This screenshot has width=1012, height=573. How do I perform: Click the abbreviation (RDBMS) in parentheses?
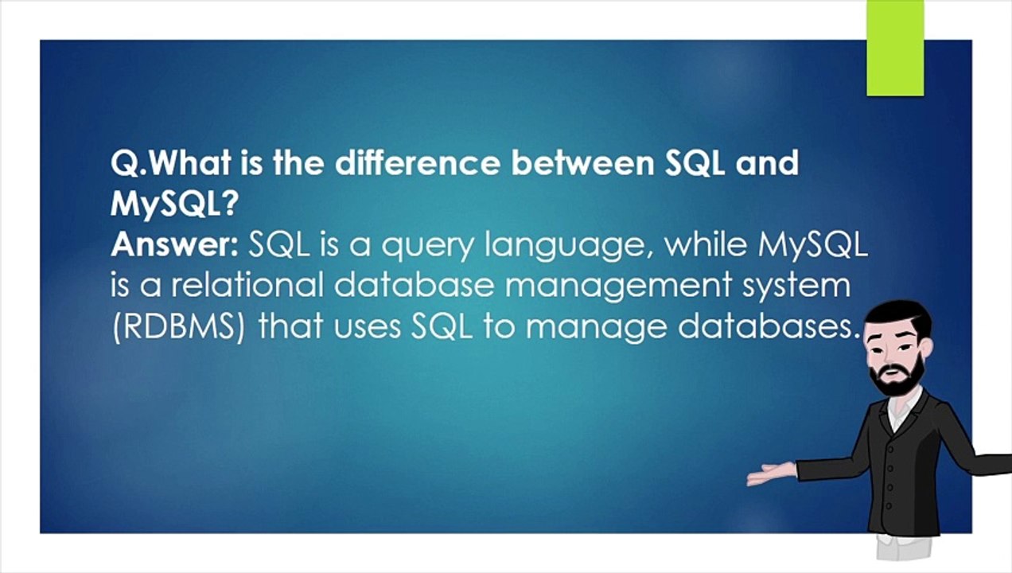tap(178, 327)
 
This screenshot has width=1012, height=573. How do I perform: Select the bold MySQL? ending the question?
tap(174, 205)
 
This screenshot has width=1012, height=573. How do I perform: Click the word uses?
tap(368, 328)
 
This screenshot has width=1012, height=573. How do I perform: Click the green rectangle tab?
tap(895, 48)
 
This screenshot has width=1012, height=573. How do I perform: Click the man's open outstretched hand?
tap(771, 474)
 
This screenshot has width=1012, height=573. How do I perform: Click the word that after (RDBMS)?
tap(291, 325)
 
